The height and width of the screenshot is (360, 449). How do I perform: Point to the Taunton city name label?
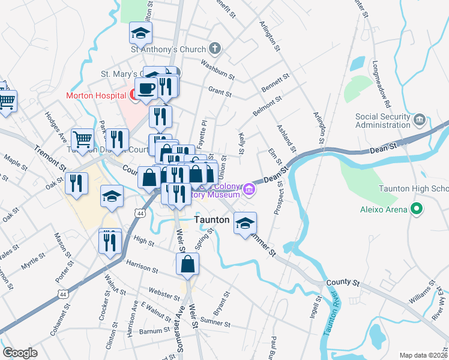212,220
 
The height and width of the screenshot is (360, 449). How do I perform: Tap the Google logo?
20,353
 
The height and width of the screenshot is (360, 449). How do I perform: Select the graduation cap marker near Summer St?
245,223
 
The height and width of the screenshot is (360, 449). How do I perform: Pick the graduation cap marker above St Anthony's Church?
141,32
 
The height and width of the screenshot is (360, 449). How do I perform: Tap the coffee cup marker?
146,89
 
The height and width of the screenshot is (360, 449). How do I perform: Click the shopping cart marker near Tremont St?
82,139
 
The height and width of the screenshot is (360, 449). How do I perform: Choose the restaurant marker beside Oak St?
76,182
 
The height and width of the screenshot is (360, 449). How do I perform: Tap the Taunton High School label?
414,188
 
